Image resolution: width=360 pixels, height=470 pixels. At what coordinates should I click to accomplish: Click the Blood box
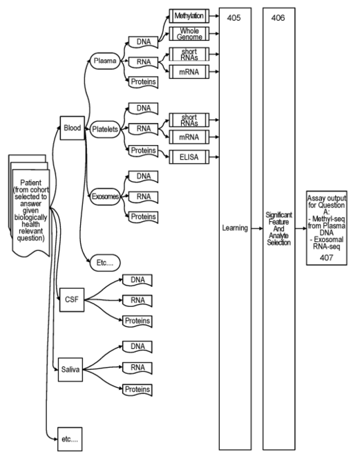[x=73, y=128]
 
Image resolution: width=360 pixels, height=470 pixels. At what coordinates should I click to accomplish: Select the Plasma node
[x=105, y=61]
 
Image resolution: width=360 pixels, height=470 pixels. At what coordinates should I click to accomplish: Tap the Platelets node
[x=105, y=129]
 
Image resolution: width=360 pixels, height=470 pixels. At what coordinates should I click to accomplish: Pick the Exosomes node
[x=105, y=196]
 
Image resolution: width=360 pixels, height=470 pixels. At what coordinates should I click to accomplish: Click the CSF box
[x=72, y=300]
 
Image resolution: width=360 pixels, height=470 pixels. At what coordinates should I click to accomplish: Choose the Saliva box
[x=70, y=369]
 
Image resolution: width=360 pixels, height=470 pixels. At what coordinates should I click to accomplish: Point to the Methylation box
[x=189, y=16]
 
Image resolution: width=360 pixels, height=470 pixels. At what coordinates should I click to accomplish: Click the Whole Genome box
[x=189, y=34]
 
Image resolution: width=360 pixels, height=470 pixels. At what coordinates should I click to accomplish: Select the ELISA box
[x=189, y=157]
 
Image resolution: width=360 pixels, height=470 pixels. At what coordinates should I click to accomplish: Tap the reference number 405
[x=234, y=18]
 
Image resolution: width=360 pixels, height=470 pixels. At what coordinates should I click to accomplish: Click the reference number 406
[x=278, y=18]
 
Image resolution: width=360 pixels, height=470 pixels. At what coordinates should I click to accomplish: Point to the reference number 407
[x=326, y=258]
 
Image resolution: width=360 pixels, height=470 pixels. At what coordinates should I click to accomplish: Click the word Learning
[x=235, y=228]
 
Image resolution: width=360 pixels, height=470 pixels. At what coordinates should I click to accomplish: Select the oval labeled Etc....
[x=105, y=263]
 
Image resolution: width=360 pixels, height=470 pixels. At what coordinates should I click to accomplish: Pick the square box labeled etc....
[x=70, y=439]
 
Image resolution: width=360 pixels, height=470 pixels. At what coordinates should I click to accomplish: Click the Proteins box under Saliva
[x=138, y=390]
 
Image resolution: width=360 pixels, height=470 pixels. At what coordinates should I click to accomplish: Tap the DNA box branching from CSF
[x=138, y=280]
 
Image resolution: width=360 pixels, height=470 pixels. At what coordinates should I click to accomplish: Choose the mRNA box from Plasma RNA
[x=189, y=72]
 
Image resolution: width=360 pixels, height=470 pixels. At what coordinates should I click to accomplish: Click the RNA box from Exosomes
[x=143, y=197]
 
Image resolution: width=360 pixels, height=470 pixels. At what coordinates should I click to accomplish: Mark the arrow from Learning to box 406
[x=257, y=228]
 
